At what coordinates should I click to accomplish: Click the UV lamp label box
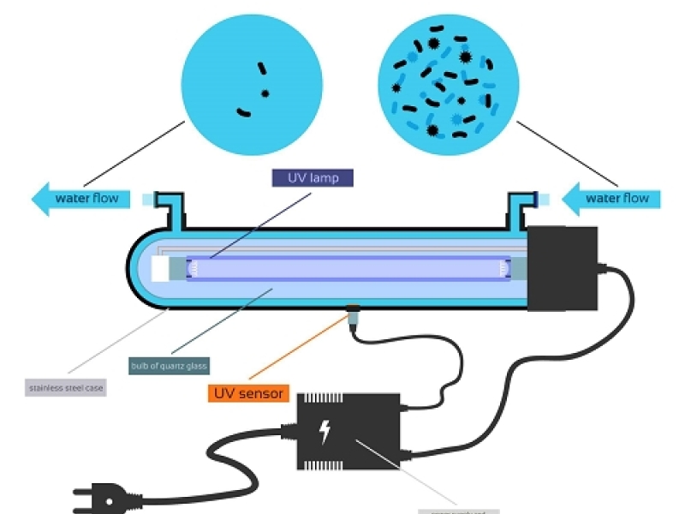312,177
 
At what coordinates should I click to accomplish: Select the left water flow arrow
81,199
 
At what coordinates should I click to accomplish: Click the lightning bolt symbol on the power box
325,433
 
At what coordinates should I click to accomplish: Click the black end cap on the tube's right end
561,269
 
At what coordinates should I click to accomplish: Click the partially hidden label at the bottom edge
458,511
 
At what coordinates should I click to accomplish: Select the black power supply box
347,433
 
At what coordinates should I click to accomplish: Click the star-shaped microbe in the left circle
265,93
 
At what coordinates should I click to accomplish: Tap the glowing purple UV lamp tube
342,268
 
